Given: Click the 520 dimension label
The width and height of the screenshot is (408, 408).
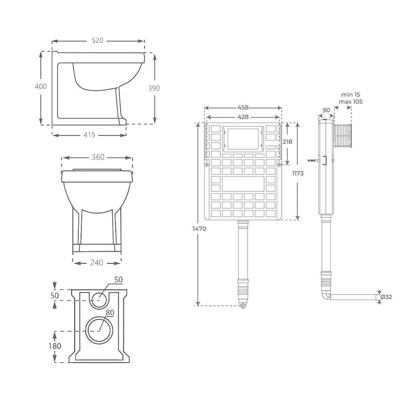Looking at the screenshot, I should [x=98, y=41].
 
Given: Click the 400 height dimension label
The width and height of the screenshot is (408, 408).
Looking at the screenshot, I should [x=41, y=87].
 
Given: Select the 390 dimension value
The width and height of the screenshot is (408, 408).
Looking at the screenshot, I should [x=154, y=88].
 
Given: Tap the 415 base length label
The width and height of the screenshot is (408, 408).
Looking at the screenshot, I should [x=89, y=135].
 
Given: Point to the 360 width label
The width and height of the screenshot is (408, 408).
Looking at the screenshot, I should [x=98, y=157].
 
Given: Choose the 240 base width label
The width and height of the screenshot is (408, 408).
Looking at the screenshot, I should [x=97, y=263].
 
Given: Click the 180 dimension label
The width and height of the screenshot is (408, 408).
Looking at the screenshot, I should [x=55, y=346].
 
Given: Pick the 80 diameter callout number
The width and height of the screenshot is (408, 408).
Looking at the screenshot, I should [x=110, y=312].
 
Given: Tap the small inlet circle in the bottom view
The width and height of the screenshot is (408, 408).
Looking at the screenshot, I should [x=99, y=300].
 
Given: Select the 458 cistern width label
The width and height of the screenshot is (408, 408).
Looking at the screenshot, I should [x=243, y=108].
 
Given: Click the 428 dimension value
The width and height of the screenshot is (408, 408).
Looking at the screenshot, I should [x=243, y=117].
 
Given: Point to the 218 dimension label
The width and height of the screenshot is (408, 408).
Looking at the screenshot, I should [x=288, y=142].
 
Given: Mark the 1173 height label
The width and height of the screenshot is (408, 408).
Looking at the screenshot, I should [x=298, y=173].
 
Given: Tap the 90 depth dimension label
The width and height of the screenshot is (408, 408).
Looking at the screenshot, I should [x=326, y=110].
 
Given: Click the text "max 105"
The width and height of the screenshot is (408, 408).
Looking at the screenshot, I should [x=351, y=102].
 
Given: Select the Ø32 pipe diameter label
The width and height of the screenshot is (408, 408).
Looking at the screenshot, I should [x=386, y=297].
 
